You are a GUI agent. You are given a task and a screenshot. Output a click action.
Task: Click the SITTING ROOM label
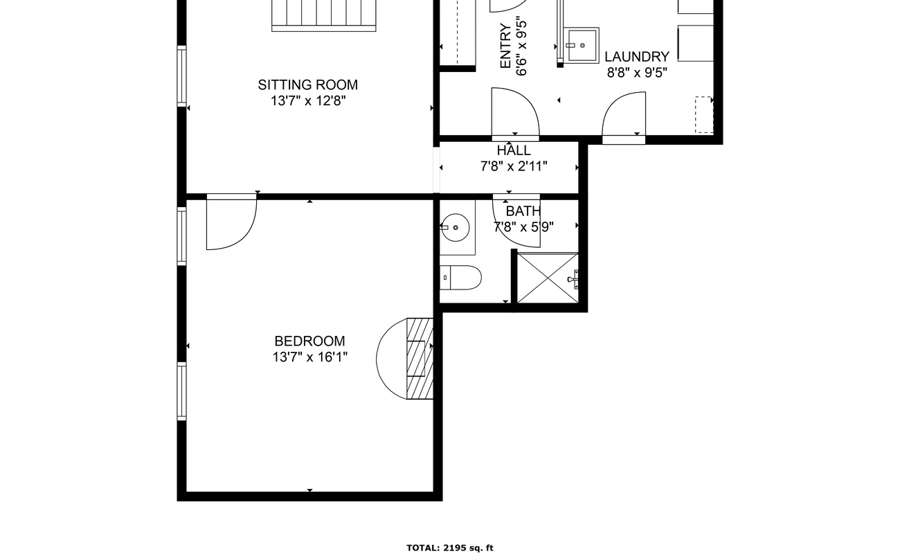[307, 85]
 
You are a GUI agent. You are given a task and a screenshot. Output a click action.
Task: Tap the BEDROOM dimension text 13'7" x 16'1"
[309, 357]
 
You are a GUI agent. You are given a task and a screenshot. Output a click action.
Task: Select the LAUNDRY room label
[636, 57]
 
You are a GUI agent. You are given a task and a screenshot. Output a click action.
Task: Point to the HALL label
[514, 151]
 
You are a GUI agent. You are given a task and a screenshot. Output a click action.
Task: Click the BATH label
[523, 211]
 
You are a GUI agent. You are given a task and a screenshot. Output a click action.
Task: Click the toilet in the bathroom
[460, 278]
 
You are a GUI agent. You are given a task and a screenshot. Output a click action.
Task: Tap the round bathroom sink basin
[456, 227]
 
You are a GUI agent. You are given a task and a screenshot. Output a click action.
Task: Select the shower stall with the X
[547, 278]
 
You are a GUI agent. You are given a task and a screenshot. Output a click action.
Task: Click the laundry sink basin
[582, 45]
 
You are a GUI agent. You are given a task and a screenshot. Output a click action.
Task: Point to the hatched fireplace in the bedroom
[419, 358]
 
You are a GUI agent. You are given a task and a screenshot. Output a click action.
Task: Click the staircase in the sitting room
[323, 14]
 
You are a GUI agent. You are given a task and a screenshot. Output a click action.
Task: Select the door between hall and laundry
[624, 118]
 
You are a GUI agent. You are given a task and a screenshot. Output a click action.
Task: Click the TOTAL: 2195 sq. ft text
[449, 548]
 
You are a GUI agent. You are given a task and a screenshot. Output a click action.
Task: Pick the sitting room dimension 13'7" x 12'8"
[307, 101]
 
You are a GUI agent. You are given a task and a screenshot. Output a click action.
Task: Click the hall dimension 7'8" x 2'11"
[514, 166]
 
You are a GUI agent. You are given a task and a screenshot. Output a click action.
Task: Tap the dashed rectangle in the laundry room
[703, 114]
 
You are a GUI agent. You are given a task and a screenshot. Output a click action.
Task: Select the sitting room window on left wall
[181, 75]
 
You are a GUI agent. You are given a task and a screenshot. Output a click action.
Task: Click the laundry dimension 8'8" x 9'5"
[636, 73]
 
